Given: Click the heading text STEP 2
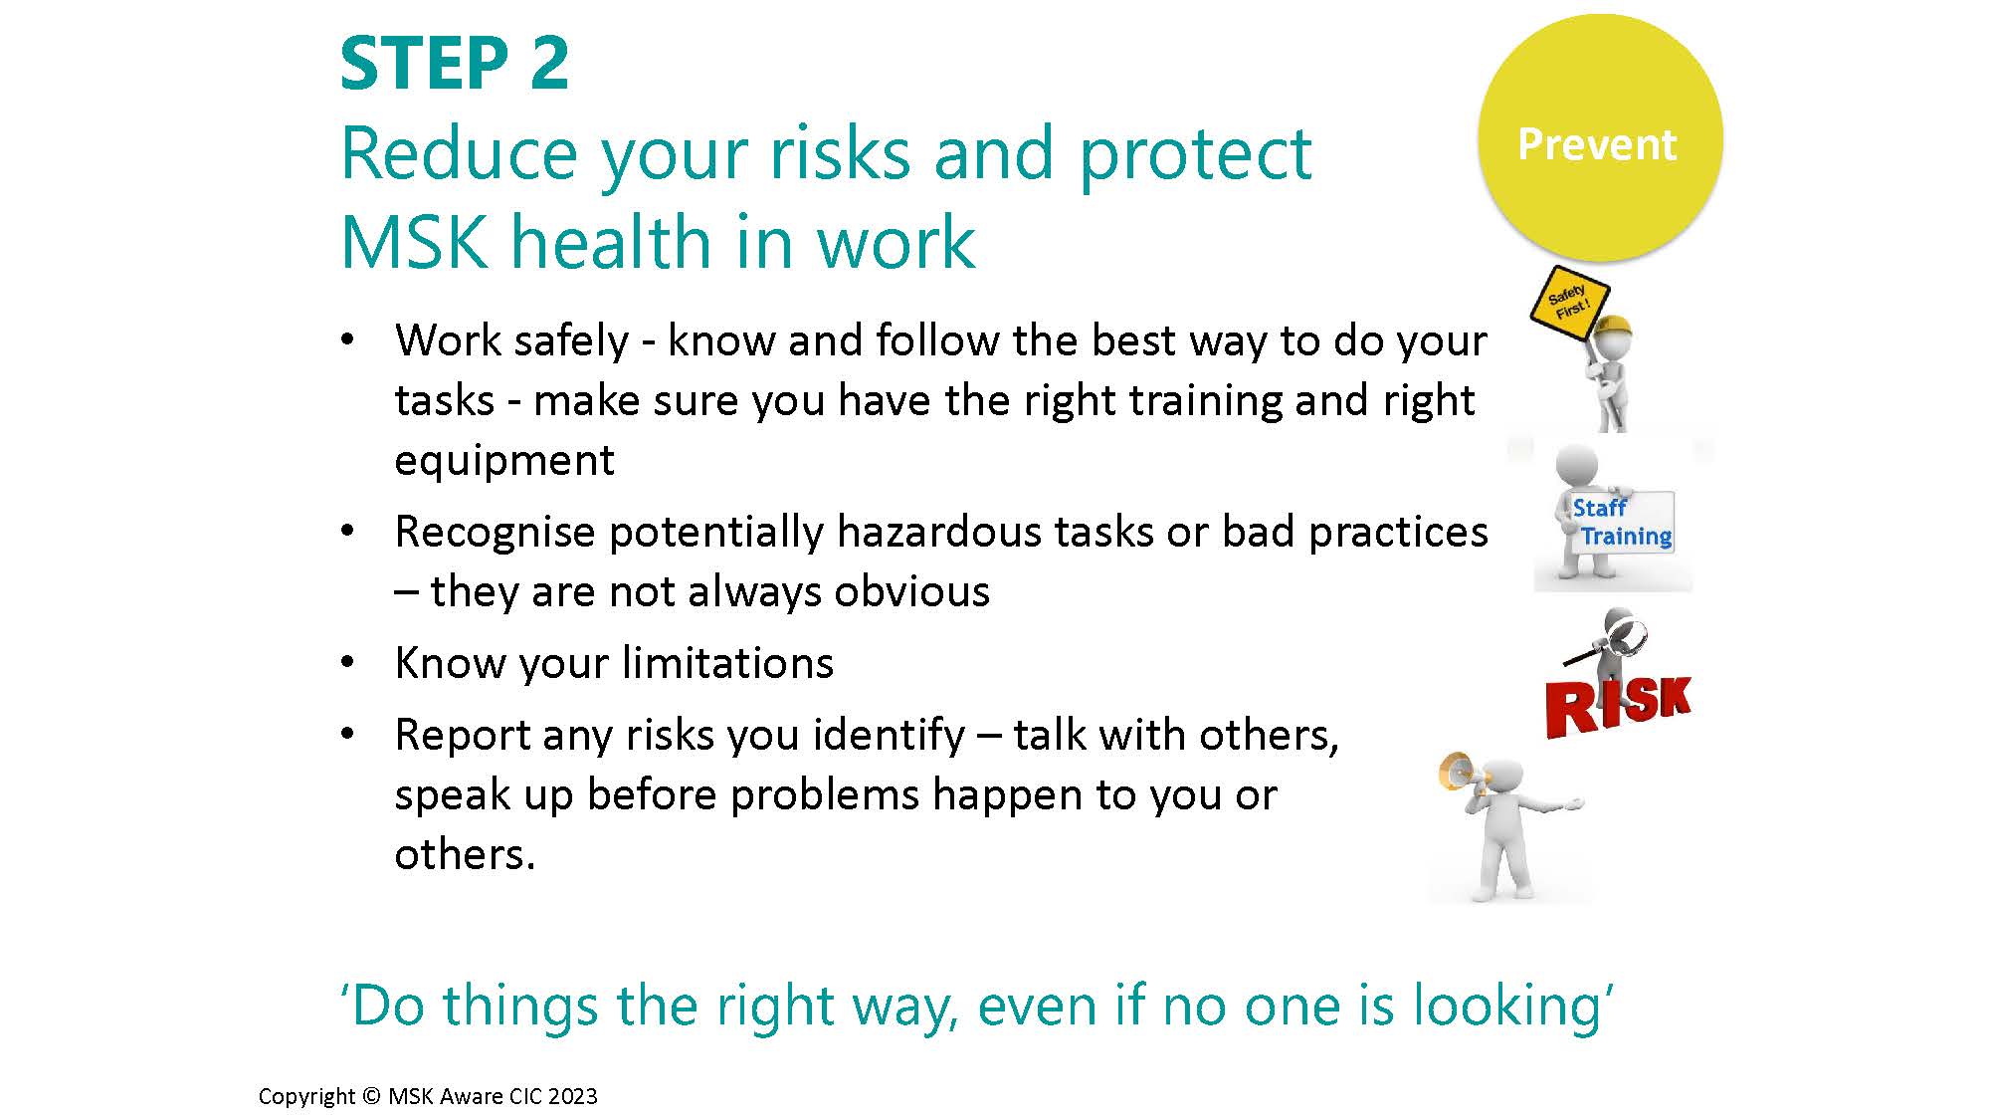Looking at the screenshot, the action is tap(455, 64).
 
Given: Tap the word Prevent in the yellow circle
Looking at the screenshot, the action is tap(1597, 144).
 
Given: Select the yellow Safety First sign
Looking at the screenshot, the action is tap(1567, 296).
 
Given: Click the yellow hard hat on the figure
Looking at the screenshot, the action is tap(1614, 330).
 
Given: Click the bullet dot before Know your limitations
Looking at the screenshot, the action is tap(347, 662).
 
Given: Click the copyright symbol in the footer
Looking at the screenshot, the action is tap(370, 1096).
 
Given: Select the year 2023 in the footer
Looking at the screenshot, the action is tap(572, 1096).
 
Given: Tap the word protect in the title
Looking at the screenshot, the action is tap(1195, 156).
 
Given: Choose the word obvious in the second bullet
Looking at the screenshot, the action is tap(912, 591).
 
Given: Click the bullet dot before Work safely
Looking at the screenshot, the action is tap(347, 339).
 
